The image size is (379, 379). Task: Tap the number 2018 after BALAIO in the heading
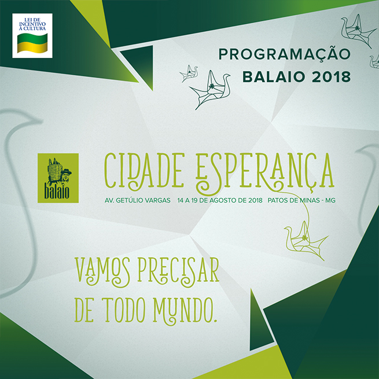pyautogui.click(x=331, y=77)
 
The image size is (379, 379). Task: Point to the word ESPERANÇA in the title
pyautogui.click(x=265, y=173)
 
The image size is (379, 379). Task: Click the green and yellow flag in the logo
pyautogui.click(x=32, y=43)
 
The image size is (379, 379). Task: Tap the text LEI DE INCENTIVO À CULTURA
pyautogui.click(x=32, y=24)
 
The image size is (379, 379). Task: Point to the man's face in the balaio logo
pyautogui.click(x=65, y=176)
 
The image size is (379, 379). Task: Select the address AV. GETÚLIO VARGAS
pyautogui.click(x=138, y=200)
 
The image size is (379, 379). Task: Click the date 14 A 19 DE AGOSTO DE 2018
pyautogui.click(x=220, y=200)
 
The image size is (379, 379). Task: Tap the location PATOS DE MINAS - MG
pyautogui.click(x=301, y=200)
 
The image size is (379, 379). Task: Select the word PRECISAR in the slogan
pyautogui.click(x=178, y=270)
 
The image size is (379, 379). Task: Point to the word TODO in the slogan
pyautogui.click(x=126, y=310)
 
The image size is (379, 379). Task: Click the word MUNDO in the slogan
pyautogui.click(x=185, y=311)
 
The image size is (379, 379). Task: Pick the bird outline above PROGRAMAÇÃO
pyautogui.click(x=356, y=31)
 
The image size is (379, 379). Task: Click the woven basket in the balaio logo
pyautogui.click(x=54, y=169)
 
